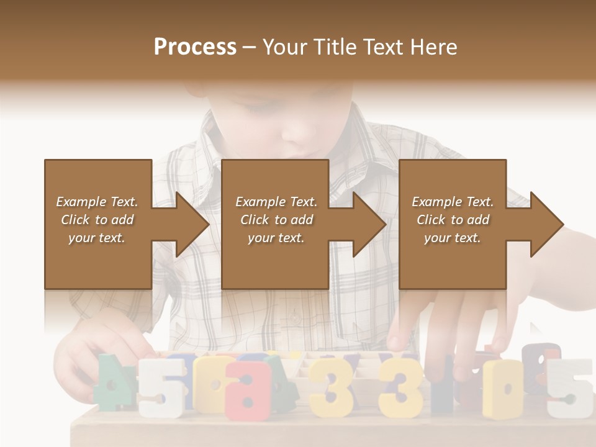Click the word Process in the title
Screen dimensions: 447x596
point(195,47)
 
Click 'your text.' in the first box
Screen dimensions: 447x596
point(97,238)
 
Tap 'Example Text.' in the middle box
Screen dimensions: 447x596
point(276,202)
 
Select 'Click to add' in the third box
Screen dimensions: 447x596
point(453,220)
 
